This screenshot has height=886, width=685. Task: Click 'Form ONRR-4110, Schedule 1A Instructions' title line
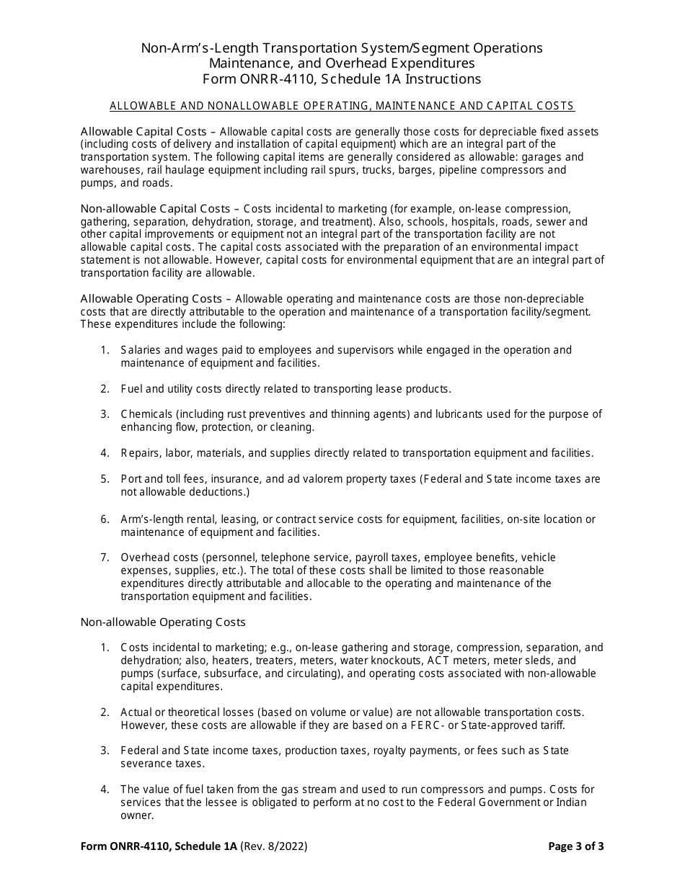[x=342, y=79]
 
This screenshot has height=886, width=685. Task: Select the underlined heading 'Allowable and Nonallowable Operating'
[x=342, y=106]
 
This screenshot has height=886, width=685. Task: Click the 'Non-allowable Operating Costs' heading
[x=163, y=622]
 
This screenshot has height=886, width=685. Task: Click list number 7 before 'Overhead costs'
[x=105, y=558]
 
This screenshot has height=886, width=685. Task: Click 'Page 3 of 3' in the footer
[x=576, y=846]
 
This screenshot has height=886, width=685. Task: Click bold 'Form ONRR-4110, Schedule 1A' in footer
[x=159, y=846]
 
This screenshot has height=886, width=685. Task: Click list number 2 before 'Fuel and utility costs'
[x=105, y=389]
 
